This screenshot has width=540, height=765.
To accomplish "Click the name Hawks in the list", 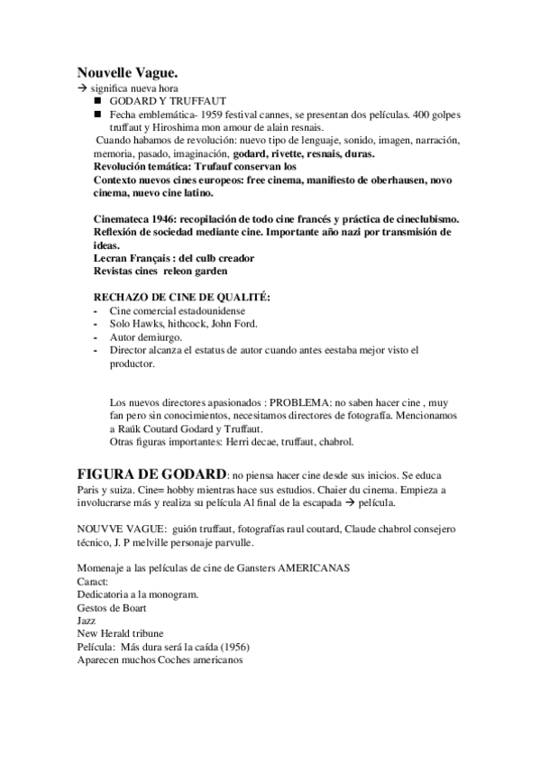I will pyautogui.click(x=148, y=324).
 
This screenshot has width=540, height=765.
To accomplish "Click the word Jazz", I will pyautogui.click(x=87, y=621).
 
